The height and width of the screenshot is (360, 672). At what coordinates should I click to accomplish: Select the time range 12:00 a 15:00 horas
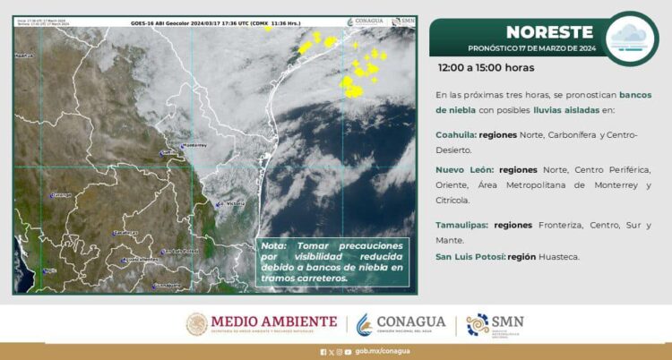coord(486,67)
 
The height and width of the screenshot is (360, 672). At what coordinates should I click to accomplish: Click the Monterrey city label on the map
coord(194,145)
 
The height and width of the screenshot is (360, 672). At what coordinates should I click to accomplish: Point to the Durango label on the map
coord(61,194)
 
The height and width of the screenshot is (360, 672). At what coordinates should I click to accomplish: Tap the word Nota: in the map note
coord(274,244)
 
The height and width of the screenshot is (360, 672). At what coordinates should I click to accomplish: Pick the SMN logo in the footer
coord(495,324)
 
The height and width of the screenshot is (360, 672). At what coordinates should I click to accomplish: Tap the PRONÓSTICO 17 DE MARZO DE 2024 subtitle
coord(532,47)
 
